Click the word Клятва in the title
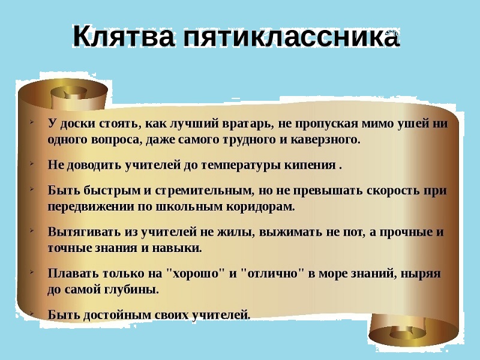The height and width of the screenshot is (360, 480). coord(124,35)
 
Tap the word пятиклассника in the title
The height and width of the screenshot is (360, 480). coord(292,35)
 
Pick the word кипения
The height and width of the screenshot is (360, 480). coord(310,166)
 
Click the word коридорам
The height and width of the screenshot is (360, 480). coord(260,207)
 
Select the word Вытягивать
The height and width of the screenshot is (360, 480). coord(85,232)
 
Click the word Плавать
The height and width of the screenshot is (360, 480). coord(73,274)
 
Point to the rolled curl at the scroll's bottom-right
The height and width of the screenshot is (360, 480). coord(414,331)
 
